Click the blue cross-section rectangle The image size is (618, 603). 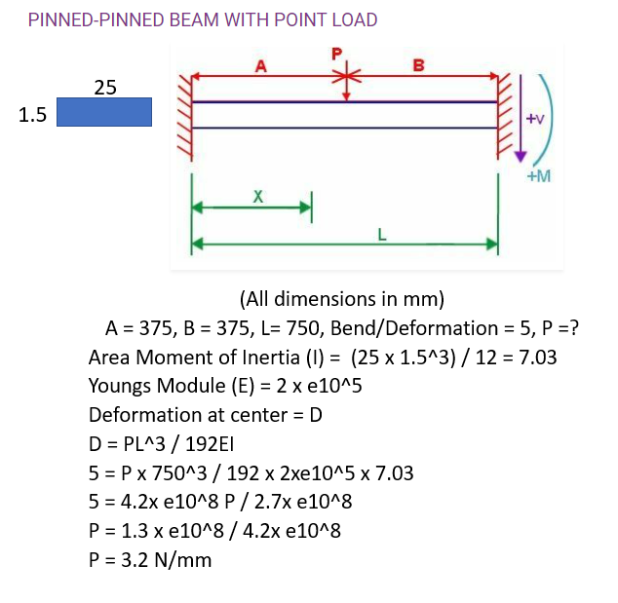[x=104, y=112]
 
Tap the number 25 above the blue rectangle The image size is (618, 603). [x=105, y=87]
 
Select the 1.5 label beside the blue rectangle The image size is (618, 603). [x=32, y=115]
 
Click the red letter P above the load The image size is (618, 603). [x=336, y=54]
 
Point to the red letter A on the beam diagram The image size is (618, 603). [x=261, y=66]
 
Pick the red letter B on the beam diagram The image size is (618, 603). [x=418, y=65]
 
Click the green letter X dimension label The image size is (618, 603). [x=257, y=196]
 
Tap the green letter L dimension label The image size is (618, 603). [x=382, y=235]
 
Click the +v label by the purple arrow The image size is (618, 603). [x=535, y=118]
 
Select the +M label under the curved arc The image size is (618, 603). [x=539, y=176]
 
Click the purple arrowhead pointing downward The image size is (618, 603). [x=521, y=157]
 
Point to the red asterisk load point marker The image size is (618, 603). [x=346, y=76]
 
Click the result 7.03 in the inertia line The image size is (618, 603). [x=537, y=358]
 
